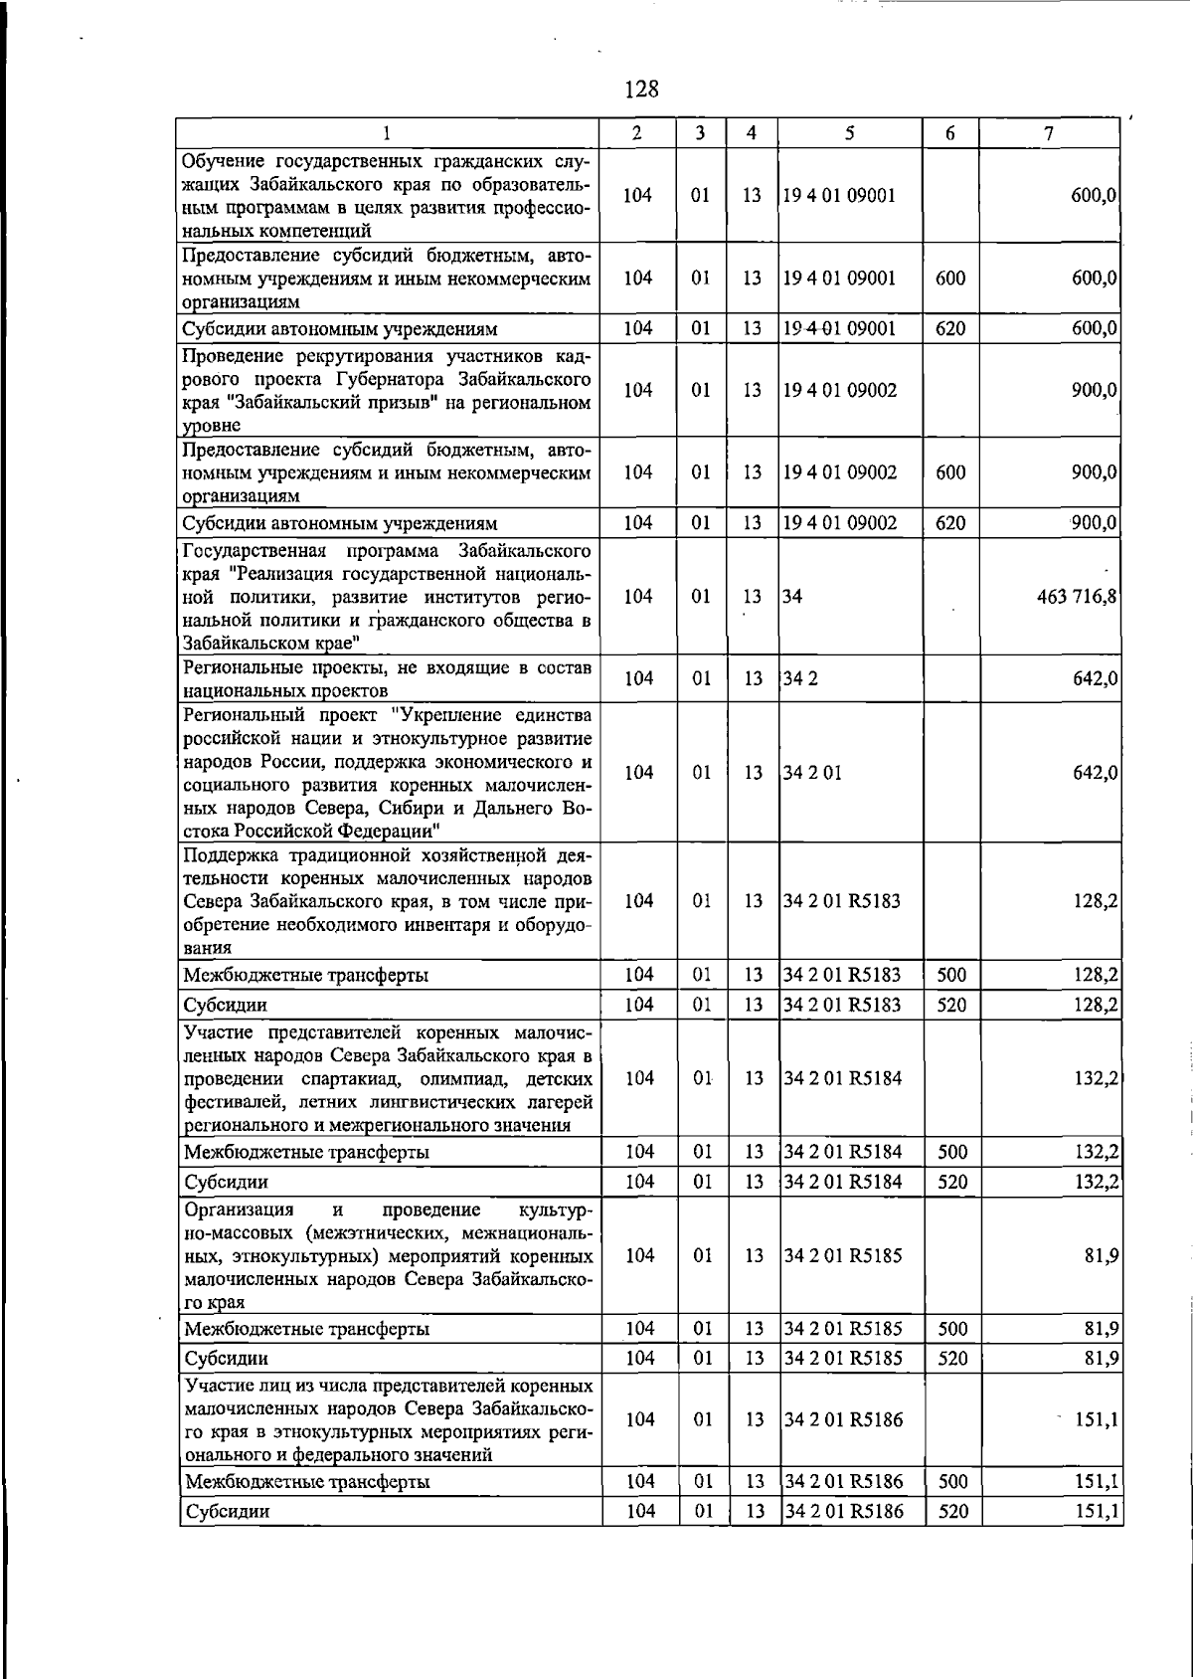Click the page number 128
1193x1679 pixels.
click(x=641, y=90)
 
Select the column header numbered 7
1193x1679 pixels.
click(x=1049, y=133)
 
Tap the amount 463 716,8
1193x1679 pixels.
click(x=1077, y=597)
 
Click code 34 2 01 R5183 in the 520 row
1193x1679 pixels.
click(x=842, y=1005)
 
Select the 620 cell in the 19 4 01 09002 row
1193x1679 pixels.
click(x=950, y=523)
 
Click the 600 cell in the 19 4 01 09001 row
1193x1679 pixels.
click(x=950, y=278)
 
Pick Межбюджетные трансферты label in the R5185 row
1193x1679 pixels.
click(x=307, y=1329)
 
